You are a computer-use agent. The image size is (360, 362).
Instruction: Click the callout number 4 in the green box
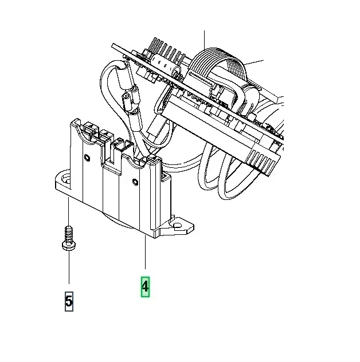tap(145, 287)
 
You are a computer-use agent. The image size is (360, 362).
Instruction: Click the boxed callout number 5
tap(69, 301)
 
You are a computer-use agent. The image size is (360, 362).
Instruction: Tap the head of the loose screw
tap(69, 245)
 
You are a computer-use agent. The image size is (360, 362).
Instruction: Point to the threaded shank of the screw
tap(68, 234)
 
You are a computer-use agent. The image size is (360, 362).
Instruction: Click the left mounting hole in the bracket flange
tap(66, 179)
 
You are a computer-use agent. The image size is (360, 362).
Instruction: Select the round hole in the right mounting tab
tap(178, 226)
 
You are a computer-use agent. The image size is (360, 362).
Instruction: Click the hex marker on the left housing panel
tap(87, 158)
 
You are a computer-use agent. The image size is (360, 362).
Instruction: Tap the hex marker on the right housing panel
tap(135, 182)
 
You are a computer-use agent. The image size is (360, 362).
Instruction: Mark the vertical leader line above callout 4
tap(145, 252)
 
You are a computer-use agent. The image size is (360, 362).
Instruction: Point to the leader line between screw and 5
tap(69, 267)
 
